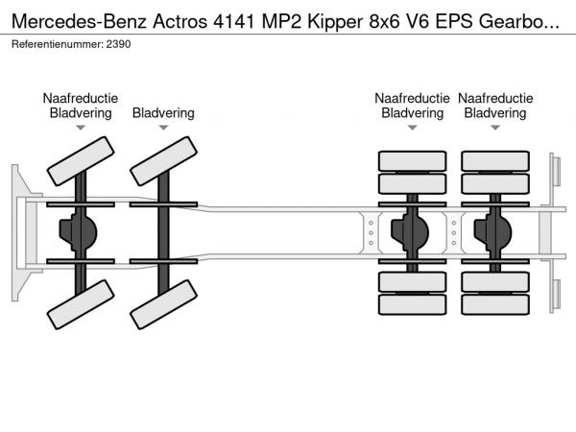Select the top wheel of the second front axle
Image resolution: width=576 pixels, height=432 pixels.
pyautogui.click(x=164, y=159)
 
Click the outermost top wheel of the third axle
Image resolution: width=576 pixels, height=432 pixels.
pyautogui.click(x=413, y=159)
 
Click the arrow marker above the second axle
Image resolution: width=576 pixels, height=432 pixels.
pyautogui.click(x=164, y=128)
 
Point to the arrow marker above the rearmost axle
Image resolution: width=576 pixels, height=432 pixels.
pyautogui.click(x=495, y=128)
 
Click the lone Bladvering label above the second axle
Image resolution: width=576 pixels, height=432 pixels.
pyautogui.click(x=164, y=112)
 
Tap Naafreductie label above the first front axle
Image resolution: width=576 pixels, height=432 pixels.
pyautogui.click(x=81, y=98)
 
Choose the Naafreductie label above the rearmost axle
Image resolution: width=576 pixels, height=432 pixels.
pyautogui.click(x=495, y=98)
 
